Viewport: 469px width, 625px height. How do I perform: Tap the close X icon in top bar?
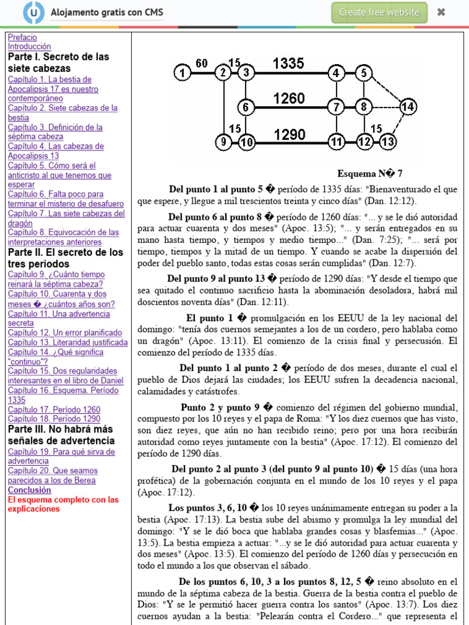click(x=442, y=12)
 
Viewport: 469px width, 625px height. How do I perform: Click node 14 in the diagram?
click(x=408, y=107)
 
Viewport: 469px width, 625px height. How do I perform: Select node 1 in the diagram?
click(x=181, y=73)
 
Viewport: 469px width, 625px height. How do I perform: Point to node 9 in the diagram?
click(x=224, y=143)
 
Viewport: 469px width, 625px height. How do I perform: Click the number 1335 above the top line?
click(x=288, y=63)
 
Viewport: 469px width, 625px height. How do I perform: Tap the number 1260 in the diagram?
click(x=289, y=98)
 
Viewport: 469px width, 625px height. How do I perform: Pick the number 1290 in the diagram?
click(x=289, y=134)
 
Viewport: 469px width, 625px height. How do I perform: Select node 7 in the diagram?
click(x=336, y=107)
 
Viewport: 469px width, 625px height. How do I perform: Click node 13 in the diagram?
click(x=388, y=143)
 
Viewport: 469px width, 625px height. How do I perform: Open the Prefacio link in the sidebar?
click(x=22, y=37)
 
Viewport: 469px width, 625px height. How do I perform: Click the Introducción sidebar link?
click(x=29, y=46)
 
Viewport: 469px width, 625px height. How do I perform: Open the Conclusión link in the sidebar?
click(x=29, y=490)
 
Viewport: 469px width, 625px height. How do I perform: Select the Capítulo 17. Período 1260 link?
click(x=54, y=410)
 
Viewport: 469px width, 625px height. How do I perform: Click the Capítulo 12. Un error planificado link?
click(x=65, y=333)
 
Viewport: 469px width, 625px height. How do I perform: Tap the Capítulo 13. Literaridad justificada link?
click(x=68, y=342)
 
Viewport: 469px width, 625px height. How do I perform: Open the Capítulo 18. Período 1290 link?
click(x=54, y=419)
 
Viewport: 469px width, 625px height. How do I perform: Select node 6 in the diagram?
click(x=245, y=107)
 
